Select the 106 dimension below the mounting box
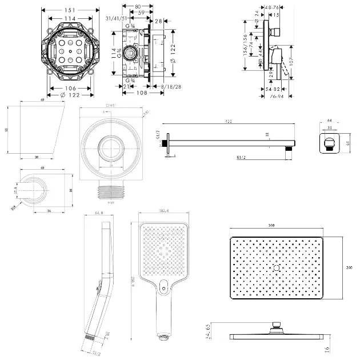click(70, 87)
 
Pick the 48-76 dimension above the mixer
click(272, 7)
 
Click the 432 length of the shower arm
click(228, 121)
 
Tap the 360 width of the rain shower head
click(272, 226)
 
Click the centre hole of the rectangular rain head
click(276, 268)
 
